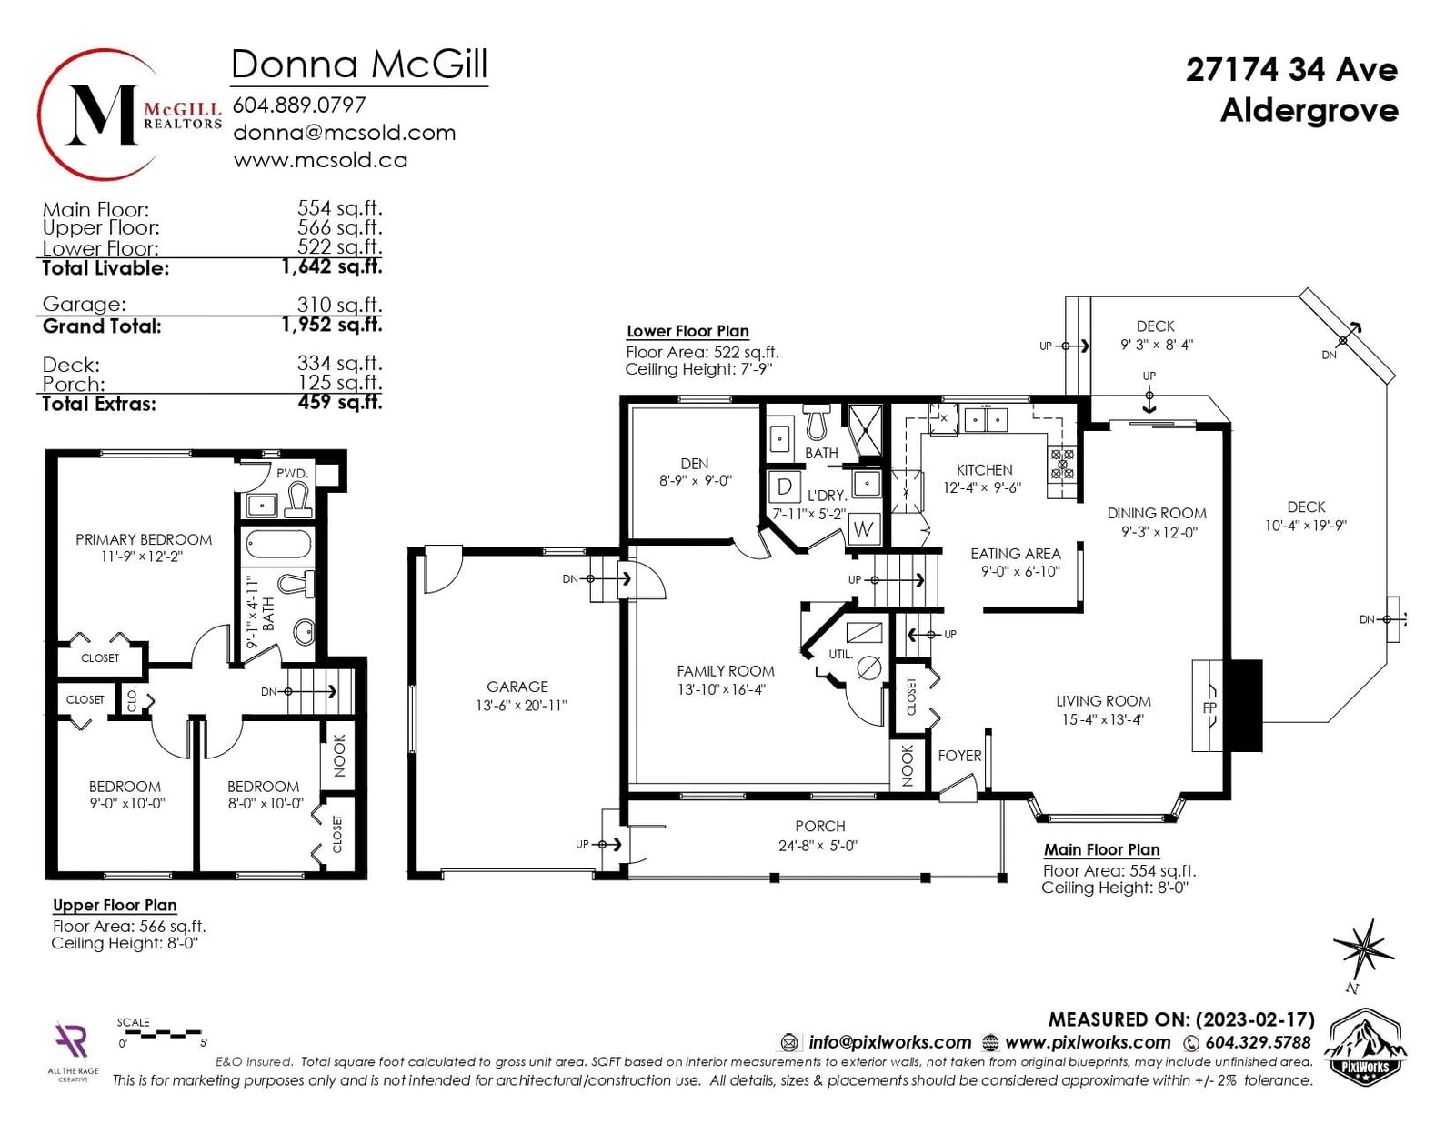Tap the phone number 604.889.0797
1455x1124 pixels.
299,105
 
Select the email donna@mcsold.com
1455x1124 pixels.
344,133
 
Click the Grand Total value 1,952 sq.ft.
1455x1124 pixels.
332,325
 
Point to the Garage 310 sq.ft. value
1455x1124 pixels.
340,305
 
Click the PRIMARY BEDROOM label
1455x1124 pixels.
144,539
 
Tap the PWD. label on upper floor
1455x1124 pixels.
293,473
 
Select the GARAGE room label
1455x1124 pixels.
517,687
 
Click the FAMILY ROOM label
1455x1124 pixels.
725,671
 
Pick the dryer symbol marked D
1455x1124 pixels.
785,487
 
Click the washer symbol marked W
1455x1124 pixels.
863,529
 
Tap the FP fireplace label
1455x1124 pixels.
1210,708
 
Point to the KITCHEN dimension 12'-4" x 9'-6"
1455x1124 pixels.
981,488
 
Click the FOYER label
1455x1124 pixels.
959,756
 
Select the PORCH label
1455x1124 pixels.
820,826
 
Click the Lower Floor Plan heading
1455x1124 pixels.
687,331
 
